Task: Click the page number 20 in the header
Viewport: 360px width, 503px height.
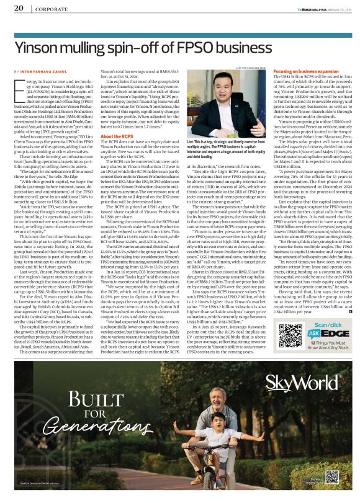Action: point(18,7)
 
